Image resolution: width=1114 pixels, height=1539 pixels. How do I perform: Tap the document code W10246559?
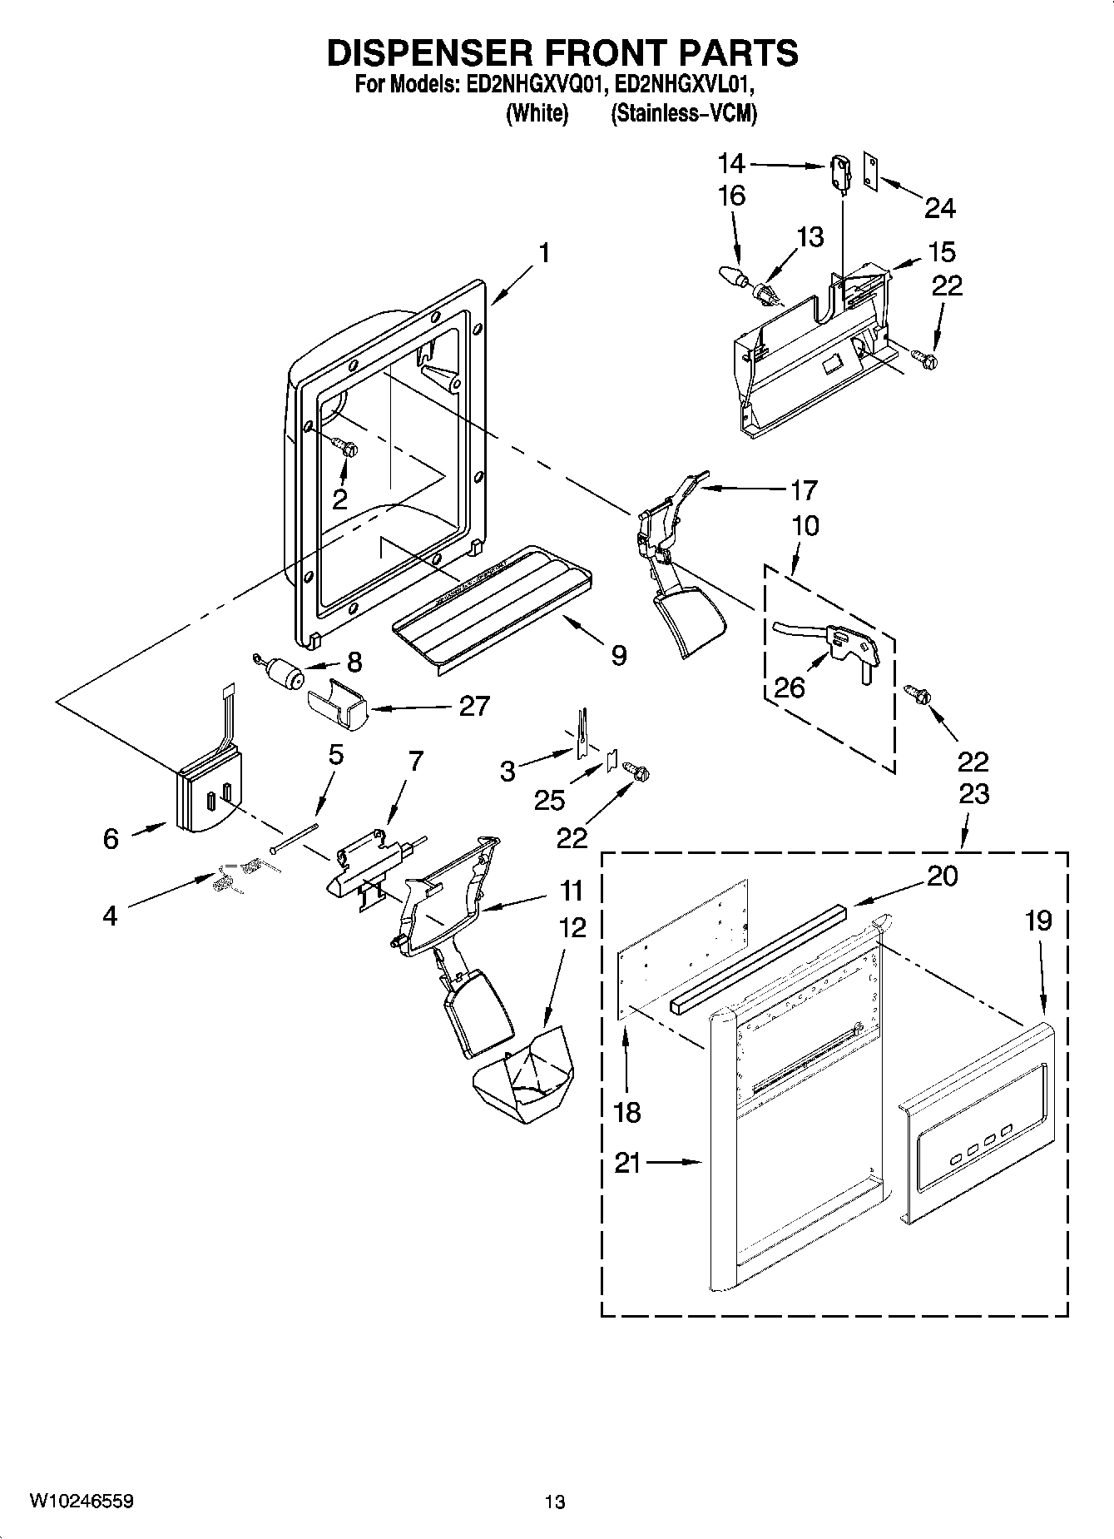pyautogui.click(x=82, y=1501)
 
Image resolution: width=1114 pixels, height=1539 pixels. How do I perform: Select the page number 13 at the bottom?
pyautogui.click(x=555, y=1502)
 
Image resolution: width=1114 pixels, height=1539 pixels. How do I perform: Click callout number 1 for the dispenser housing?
pyautogui.click(x=543, y=252)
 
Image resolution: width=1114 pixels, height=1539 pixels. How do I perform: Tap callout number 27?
pyautogui.click(x=473, y=706)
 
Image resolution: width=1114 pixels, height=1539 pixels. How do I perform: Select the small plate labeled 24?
pyautogui.click(x=871, y=171)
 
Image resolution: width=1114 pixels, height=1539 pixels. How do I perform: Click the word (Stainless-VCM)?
pyautogui.click(x=683, y=113)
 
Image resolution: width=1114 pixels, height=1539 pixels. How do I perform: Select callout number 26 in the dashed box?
pyautogui.click(x=788, y=687)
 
